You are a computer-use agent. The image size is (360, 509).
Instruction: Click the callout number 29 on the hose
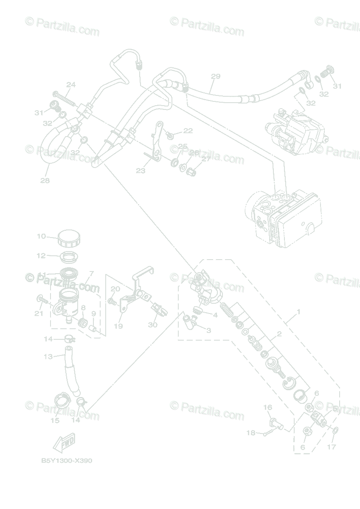click(x=216, y=76)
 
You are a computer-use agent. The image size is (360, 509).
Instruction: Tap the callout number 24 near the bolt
click(x=70, y=85)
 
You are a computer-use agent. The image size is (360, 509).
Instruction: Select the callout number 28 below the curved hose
click(x=45, y=180)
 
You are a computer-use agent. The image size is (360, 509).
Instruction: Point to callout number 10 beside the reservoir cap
click(x=41, y=236)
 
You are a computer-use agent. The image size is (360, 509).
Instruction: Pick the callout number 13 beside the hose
click(x=48, y=357)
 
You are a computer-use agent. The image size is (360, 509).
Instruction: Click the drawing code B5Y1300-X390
click(x=66, y=461)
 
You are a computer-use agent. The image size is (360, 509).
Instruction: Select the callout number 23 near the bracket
click(x=141, y=171)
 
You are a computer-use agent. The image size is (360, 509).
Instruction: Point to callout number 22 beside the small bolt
click(x=188, y=131)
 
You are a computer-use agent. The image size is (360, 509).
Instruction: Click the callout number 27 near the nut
click(x=206, y=159)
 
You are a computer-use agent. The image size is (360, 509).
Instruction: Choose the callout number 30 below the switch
click(x=152, y=325)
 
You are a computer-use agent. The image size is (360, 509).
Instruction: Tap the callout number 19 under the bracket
click(x=118, y=326)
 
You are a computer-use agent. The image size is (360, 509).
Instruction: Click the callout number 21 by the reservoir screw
click(x=39, y=313)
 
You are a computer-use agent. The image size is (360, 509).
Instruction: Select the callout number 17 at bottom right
click(x=332, y=447)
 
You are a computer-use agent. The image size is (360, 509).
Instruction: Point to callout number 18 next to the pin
click(x=250, y=433)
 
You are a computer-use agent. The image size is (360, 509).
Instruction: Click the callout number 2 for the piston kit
click(x=279, y=334)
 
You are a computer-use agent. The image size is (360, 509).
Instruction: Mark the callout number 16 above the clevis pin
click(x=267, y=408)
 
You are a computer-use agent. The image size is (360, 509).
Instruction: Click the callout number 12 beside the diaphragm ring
click(x=41, y=256)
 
